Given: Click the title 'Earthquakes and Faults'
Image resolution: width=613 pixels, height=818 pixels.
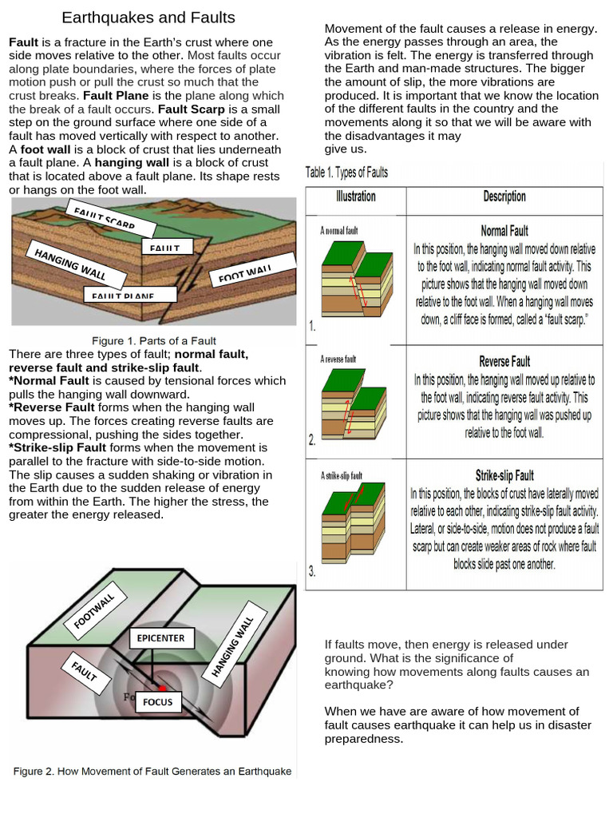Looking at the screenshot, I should [x=148, y=18].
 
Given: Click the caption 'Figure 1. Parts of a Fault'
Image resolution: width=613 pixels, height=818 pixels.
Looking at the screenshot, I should [x=154, y=341].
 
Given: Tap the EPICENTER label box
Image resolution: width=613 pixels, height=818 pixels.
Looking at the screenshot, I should [x=160, y=638].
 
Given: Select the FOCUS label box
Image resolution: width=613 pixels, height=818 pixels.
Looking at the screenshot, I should [x=157, y=702].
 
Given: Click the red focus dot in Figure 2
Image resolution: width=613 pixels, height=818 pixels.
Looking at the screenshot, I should [x=163, y=687].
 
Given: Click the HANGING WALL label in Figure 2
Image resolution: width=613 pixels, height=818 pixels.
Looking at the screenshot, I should [x=232, y=645].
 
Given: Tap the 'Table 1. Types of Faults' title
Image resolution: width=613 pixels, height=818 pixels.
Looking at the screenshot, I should [x=347, y=172].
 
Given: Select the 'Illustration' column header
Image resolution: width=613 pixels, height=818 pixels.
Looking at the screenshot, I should [x=356, y=197].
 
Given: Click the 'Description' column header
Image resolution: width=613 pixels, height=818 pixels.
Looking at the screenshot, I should [x=504, y=197].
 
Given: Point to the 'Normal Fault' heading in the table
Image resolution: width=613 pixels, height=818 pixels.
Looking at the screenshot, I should [x=504, y=231].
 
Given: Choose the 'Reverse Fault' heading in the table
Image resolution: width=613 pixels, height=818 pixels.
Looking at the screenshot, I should [x=504, y=362].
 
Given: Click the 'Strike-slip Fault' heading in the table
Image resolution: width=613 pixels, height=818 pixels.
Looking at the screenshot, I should [x=504, y=476].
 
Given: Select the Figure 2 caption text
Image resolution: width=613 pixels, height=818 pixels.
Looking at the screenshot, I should [x=152, y=772].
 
